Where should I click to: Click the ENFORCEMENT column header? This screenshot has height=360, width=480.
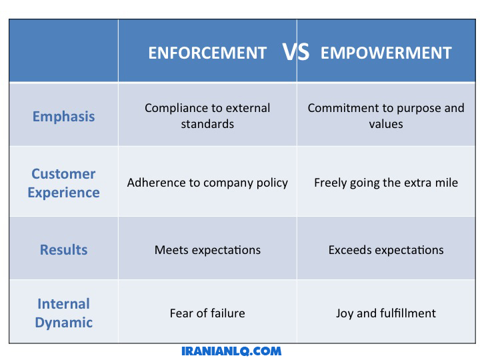tap(207, 53)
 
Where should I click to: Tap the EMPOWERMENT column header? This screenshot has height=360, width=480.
tap(386, 53)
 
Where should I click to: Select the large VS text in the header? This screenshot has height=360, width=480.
tap(296, 52)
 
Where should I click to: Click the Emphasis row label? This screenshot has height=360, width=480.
tap(64, 117)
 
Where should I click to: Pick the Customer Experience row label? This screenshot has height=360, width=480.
tap(64, 183)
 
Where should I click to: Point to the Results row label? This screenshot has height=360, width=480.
tap(64, 250)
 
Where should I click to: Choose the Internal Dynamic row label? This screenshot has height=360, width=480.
tap(64, 313)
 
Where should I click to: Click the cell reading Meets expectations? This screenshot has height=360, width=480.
tap(207, 250)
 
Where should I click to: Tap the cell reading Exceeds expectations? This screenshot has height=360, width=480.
tap(386, 250)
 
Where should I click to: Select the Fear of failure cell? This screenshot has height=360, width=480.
tap(207, 313)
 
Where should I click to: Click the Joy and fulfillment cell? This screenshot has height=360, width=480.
tap(386, 313)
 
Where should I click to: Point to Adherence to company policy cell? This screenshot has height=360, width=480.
tap(207, 183)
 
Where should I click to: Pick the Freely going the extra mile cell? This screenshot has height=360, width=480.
tap(386, 183)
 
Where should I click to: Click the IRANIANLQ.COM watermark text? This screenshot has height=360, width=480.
tap(231, 351)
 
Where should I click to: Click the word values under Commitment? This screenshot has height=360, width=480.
tap(386, 124)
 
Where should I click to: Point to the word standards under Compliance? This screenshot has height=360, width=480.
tap(207, 124)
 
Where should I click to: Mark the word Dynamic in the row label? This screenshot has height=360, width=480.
tap(64, 323)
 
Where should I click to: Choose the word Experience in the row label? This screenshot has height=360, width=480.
tap(64, 193)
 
